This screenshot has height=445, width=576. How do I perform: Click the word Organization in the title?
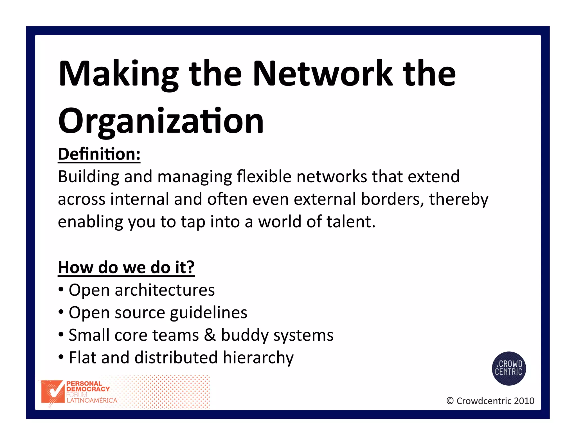(x=161, y=122)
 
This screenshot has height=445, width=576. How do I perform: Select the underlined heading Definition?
(x=99, y=154)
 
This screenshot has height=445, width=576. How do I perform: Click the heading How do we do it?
(x=126, y=267)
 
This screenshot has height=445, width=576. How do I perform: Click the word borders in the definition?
(x=392, y=199)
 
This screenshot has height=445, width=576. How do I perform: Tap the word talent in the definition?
(x=351, y=222)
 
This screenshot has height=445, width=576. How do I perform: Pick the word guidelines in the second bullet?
(x=208, y=313)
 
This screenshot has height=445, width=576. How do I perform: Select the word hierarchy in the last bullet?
(x=258, y=358)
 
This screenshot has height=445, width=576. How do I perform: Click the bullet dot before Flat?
(x=61, y=358)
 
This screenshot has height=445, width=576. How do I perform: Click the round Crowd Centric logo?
(x=508, y=368)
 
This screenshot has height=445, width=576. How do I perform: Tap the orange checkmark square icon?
(x=53, y=392)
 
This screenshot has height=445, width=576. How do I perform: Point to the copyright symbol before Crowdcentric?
(x=450, y=401)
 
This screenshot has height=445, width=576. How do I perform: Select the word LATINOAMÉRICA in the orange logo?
(x=92, y=400)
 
